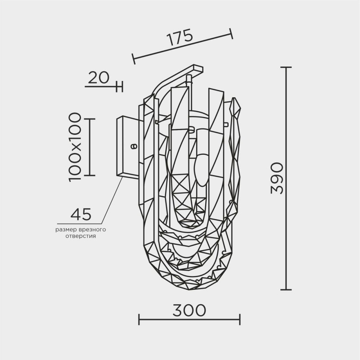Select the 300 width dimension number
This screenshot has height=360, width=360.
pos(189,310)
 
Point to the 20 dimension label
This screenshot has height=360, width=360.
pos(98,78)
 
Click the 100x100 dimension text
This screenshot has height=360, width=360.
pos(75,147)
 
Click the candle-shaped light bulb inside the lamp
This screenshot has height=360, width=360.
pos(201,168)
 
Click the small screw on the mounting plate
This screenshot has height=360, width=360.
pos(133,146)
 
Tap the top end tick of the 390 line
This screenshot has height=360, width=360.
pos(286,67)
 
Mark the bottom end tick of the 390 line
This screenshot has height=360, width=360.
pos(286,289)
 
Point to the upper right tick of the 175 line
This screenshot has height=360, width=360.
pos(231,33)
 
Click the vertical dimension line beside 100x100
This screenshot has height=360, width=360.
pos(90,147)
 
